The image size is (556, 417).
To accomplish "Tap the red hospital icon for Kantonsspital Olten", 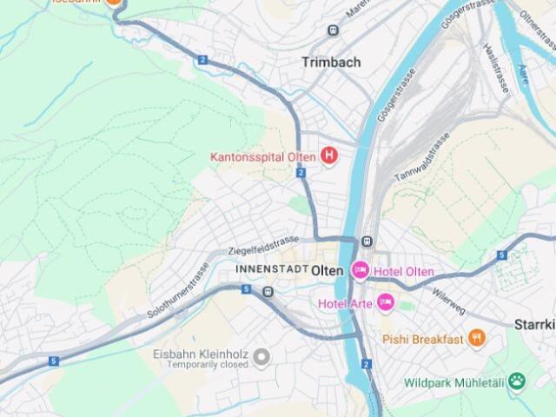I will coord(329,156).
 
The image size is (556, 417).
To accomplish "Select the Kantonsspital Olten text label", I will coord(263,157).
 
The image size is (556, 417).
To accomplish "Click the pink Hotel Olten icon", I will coord(361,271).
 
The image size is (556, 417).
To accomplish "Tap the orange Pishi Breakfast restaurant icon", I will coord(476,339).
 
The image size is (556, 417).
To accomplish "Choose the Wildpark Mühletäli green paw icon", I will coord(518,381).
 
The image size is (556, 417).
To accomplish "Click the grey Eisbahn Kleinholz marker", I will coord(261,355).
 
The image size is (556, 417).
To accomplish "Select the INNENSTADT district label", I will coord(271,270).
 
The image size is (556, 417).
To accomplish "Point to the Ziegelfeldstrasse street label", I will coord(263,245).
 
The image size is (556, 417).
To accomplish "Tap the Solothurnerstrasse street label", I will coord(180,288).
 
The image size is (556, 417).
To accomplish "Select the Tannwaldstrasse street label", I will coord(422,159).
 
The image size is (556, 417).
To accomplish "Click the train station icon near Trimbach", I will coord(332,30).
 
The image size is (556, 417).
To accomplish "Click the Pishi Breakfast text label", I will coord(423,339).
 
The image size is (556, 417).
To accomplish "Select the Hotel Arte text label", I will coord(345,303).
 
